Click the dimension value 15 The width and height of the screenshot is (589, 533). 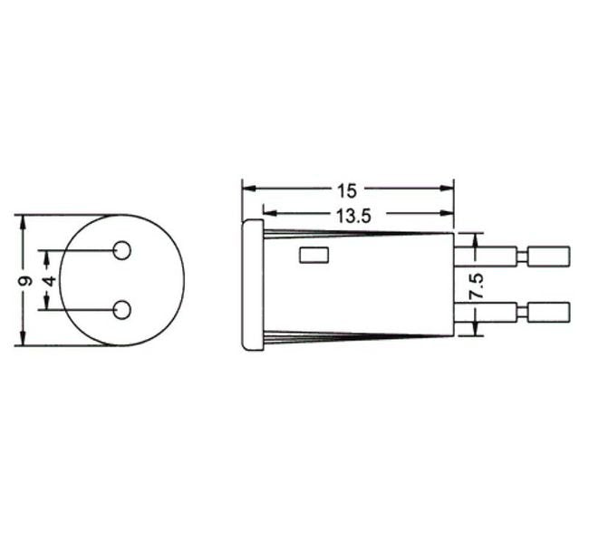(347, 190)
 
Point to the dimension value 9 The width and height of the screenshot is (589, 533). (26, 281)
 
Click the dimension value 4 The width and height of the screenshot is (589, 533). (50, 281)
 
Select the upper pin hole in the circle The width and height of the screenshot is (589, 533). (121, 251)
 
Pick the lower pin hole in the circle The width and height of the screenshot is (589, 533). (121, 311)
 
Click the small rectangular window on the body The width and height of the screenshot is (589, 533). (313, 255)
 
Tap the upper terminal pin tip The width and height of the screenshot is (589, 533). (552, 255)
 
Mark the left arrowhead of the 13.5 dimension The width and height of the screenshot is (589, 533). (269, 214)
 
